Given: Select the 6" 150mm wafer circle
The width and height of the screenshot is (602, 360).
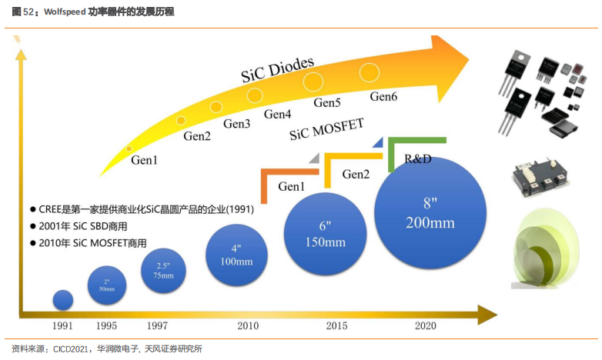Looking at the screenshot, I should [324, 234].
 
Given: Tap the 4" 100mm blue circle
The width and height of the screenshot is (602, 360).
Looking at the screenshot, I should [237, 255].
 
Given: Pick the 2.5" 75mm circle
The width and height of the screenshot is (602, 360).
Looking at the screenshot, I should [163, 270].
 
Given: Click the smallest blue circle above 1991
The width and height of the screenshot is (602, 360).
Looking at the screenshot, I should [62, 300].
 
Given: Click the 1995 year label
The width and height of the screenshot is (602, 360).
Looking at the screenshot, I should [107, 326].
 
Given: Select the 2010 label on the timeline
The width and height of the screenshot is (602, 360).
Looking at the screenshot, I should [248, 326].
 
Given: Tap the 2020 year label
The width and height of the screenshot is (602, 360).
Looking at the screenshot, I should [425, 326].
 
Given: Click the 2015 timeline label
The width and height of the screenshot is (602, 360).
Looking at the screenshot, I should [336, 326].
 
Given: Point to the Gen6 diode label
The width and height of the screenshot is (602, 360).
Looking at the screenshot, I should [383, 97].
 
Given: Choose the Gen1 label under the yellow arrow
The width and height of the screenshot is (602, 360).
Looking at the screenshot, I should [144, 161].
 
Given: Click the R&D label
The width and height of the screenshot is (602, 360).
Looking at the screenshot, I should [418, 158].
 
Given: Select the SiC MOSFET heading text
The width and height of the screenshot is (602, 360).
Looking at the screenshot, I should [326, 129].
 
